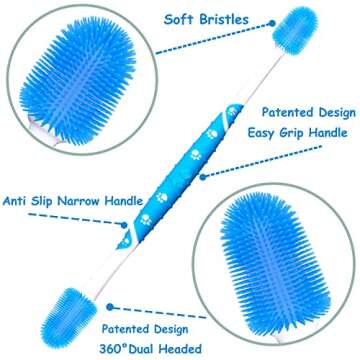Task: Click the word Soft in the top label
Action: pyautogui.click(x=167, y=17)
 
